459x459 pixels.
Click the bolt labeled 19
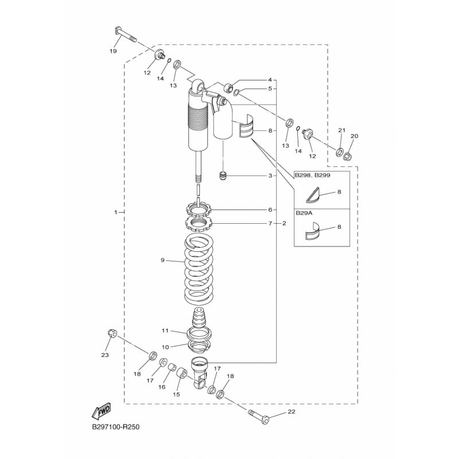click(124, 34)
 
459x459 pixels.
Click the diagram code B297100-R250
click(116, 427)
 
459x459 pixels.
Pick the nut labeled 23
click(112, 333)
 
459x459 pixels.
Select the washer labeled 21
click(340, 152)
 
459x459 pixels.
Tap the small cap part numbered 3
click(223, 177)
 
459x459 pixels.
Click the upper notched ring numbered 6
click(198, 209)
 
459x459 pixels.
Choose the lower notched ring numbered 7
click(198, 224)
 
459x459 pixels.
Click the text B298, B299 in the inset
click(312, 176)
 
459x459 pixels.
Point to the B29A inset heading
click(304, 213)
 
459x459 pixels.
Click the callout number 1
click(116, 212)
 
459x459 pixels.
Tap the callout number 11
click(165, 330)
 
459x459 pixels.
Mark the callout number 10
click(165, 347)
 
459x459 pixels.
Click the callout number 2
click(284, 223)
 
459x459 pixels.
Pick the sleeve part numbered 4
click(228, 88)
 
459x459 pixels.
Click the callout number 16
click(162, 387)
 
